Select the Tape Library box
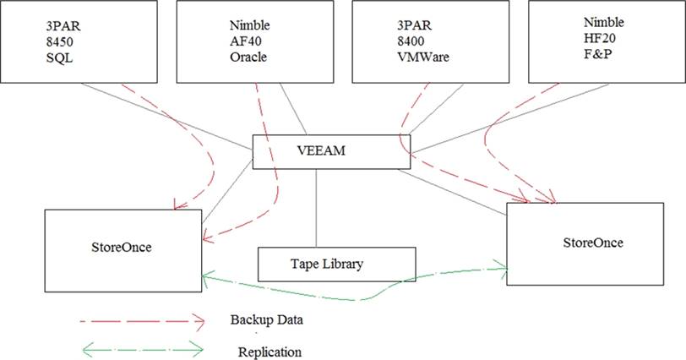point(335,265)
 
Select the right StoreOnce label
point(592,243)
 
